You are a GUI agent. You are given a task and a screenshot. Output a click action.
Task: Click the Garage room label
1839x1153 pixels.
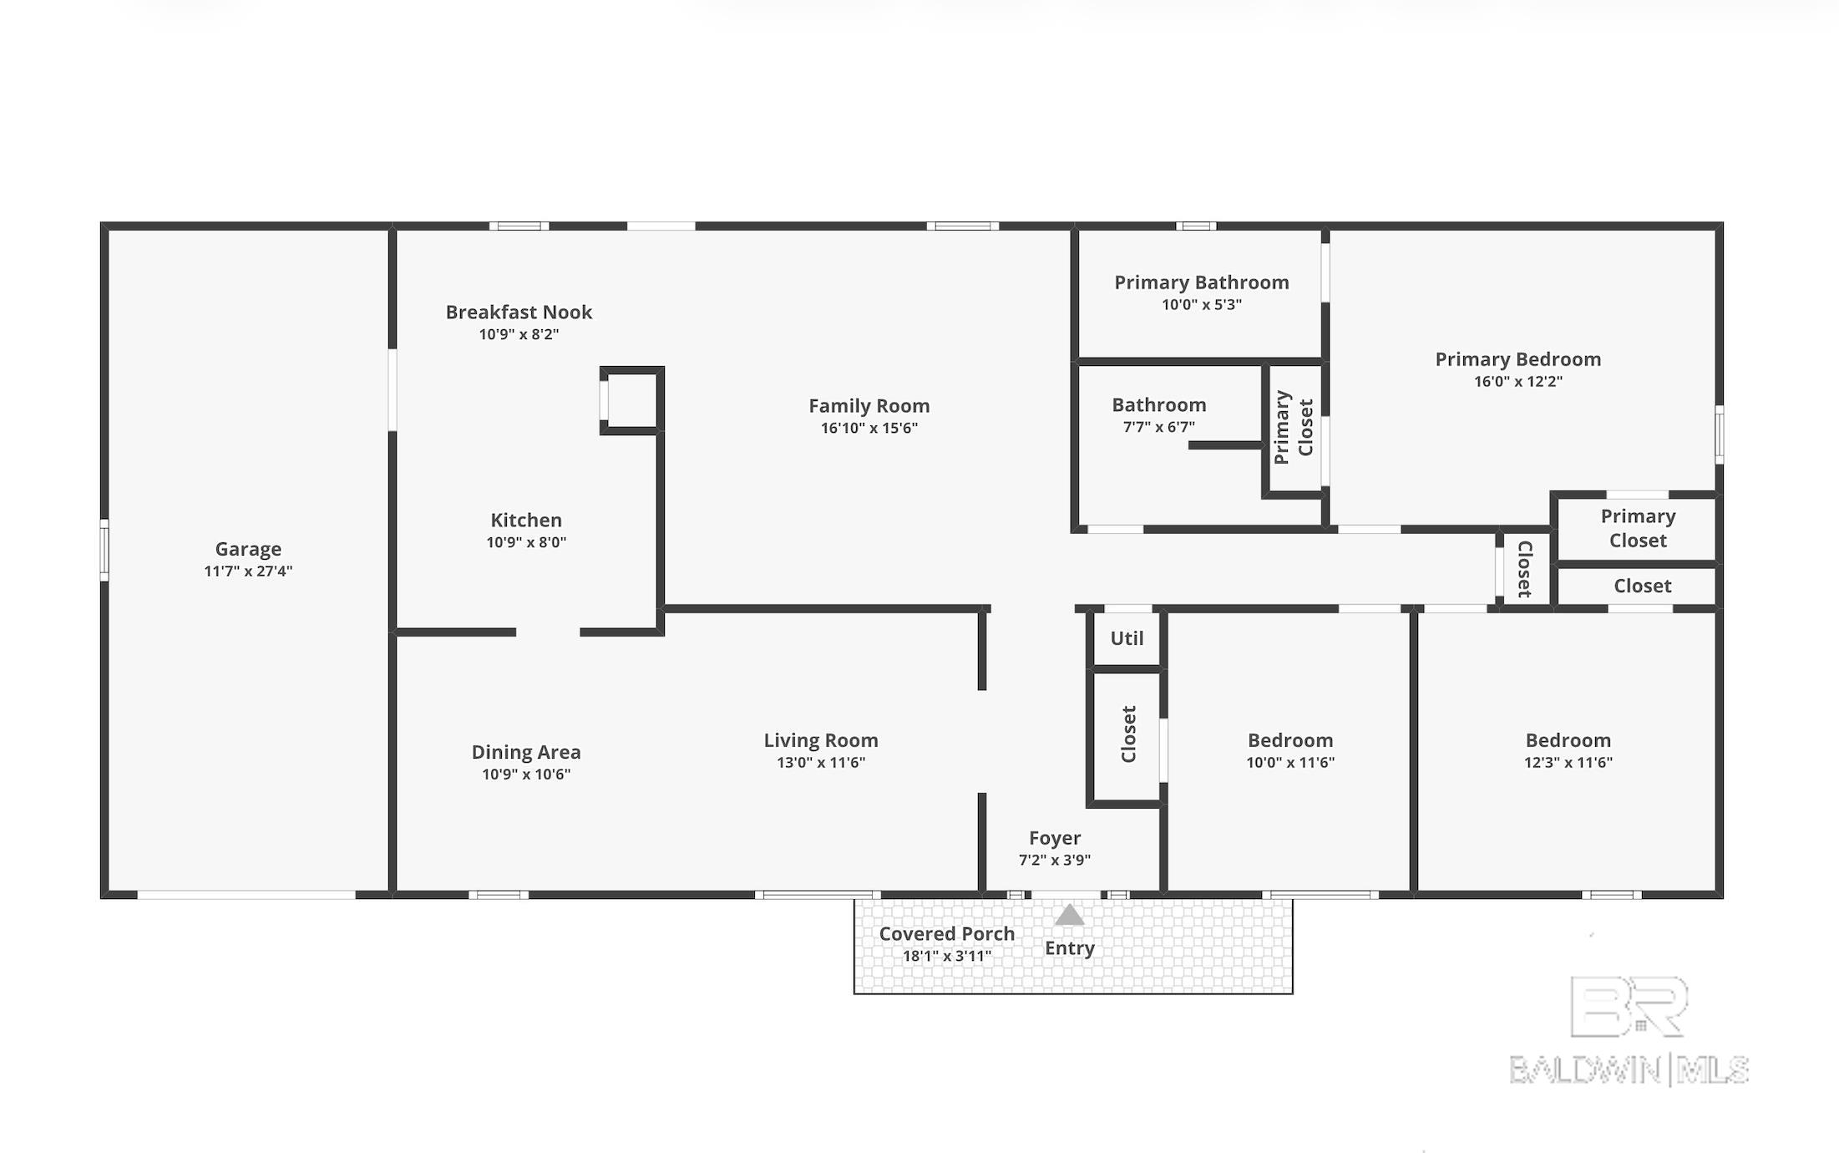(x=248, y=549)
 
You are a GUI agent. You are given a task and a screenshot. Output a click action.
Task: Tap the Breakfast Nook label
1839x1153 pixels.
(x=519, y=312)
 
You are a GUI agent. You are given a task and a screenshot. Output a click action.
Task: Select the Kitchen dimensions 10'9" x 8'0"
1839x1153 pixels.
(x=526, y=542)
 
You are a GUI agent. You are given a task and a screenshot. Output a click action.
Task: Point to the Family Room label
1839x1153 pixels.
(x=869, y=406)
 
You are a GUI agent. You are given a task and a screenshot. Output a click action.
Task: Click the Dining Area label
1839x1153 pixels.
(x=526, y=752)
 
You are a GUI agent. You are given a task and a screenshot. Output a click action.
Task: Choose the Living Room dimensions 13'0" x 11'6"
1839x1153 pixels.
(x=821, y=762)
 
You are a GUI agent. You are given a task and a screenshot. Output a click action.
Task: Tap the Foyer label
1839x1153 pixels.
(x=1055, y=838)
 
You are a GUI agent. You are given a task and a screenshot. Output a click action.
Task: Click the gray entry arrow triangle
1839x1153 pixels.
(x=1069, y=916)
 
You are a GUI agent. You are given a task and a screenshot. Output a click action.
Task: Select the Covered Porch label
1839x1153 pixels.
(x=947, y=933)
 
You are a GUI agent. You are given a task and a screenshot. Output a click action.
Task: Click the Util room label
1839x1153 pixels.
(x=1127, y=638)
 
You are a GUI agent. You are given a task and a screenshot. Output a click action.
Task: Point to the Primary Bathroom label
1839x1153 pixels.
(x=1202, y=282)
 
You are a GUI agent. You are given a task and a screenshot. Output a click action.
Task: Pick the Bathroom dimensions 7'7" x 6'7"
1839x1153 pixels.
(x=1158, y=427)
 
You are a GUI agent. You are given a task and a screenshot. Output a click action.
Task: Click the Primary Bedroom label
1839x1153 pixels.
(x=1518, y=359)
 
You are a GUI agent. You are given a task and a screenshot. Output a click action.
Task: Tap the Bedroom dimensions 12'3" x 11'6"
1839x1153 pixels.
(x=1568, y=762)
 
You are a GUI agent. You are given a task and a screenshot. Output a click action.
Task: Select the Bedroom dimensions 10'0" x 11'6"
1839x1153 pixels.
(x=1290, y=762)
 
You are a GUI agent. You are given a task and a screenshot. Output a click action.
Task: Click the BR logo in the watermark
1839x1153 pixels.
(x=1629, y=1007)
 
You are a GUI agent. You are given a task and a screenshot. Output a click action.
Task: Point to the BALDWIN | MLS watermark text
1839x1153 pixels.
(x=1629, y=1070)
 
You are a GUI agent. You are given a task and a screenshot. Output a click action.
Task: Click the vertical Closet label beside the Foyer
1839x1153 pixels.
(x=1128, y=734)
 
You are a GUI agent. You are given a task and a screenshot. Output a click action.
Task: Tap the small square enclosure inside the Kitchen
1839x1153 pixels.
(x=631, y=400)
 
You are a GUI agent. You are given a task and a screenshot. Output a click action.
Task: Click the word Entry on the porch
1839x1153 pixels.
(x=1070, y=948)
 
